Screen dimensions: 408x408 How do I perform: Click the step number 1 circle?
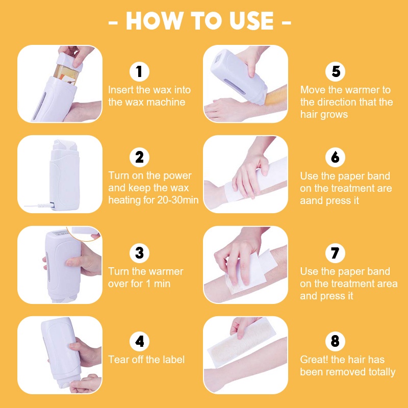tap(139, 71)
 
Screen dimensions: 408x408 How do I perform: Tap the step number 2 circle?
tap(139, 157)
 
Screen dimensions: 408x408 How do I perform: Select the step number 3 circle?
tap(139, 252)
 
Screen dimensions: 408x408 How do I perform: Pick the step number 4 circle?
tap(139, 341)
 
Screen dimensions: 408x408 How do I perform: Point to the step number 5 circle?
tap(335, 71)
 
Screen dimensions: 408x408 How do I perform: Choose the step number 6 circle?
tap(335, 157)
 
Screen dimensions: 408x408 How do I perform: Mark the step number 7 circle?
tap(335, 252)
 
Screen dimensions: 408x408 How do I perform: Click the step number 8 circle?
tap(335, 341)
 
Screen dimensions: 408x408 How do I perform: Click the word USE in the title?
tap(251, 21)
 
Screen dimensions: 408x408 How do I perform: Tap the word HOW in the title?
tap(155, 21)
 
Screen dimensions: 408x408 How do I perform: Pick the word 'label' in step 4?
tap(174, 360)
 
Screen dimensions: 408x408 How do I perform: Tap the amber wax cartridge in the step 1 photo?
tap(65, 73)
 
